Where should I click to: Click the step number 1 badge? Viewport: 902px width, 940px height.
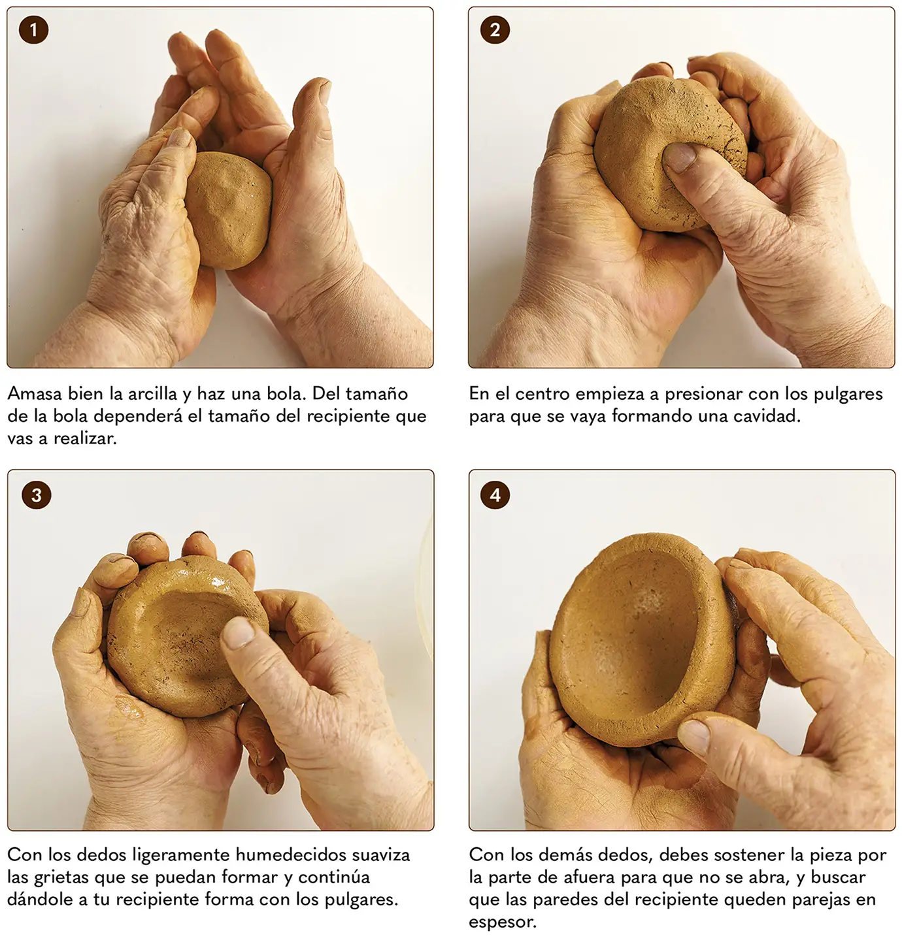tap(33, 30)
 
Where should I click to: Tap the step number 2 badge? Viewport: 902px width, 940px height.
tap(495, 30)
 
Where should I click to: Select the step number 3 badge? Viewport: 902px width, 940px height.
tap(36, 494)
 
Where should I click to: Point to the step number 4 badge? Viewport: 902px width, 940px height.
tap(495, 494)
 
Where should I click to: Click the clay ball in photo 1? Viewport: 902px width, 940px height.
tap(229, 210)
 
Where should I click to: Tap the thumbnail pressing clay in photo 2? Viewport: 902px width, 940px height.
tap(679, 157)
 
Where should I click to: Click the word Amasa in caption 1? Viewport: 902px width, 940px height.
tap(35, 394)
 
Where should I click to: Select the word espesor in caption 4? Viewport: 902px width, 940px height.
tap(503, 921)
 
